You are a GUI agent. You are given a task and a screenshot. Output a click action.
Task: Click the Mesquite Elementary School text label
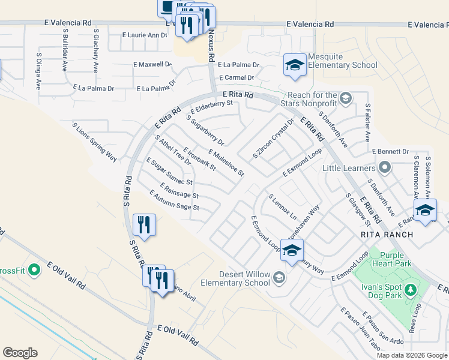click(x=343, y=61)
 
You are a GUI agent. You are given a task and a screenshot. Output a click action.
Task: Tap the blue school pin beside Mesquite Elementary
click(x=295, y=65)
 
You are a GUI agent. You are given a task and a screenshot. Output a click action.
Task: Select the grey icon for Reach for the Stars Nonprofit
click(x=345, y=98)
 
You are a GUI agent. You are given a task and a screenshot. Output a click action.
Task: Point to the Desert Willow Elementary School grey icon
click(x=279, y=277)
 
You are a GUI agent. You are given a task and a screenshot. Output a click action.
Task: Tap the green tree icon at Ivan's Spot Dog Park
click(x=411, y=291)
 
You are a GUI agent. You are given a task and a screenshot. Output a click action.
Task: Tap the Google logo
click(x=20, y=353)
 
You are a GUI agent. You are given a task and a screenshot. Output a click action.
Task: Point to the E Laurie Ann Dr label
click(x=144, y=35)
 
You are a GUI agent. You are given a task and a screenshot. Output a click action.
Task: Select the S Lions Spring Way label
click(x=94, y=142)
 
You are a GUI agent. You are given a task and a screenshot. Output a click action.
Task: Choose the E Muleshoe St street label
click(x=226, y=163)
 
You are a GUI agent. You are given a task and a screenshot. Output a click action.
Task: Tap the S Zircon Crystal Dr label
click(x=273, y=138)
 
